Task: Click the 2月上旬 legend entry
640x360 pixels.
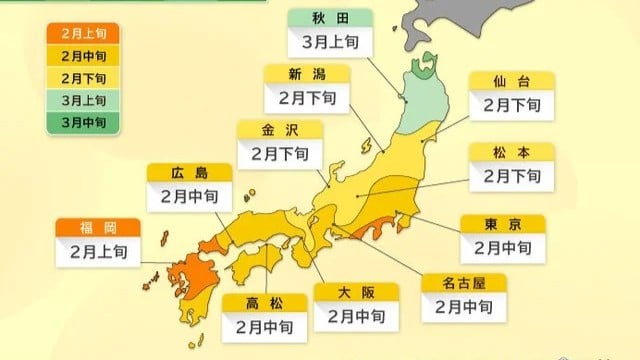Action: click(x=82, y=32)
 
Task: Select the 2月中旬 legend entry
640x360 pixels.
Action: click(x=82, y=54)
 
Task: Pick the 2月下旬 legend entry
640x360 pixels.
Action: click(x=82, y=77)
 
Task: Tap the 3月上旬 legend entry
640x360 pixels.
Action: click(x=82, y=99)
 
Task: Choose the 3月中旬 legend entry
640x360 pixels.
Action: click(x=82, y=122)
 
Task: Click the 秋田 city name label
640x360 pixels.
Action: click(x=330, y=18)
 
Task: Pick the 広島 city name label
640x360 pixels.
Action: click(x=189, y=173)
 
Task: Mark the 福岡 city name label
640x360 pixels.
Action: click(x=97, y=226)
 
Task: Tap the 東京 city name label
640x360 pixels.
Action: click(x=503, y=223)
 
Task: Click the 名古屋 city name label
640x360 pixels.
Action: click(x=463, y=284)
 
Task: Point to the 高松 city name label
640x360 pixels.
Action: click(x=261, y=302)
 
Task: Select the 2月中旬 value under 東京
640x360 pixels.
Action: click(x=503, y=246)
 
